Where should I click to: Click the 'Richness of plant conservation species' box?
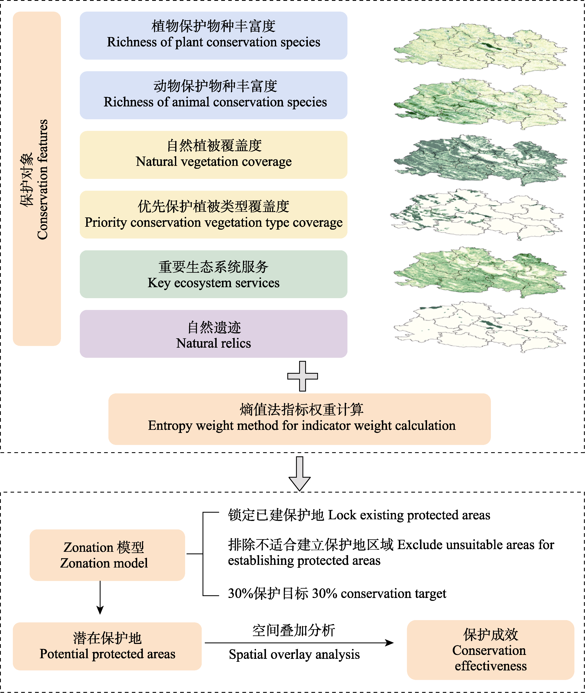click(x=213, y=35)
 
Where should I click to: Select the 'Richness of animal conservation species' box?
click(x=213, y=95)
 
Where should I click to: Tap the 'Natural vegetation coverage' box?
click(x=213, y=155)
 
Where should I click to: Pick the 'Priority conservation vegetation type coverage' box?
click(x=213, y=214)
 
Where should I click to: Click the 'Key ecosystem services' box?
click(x=213, y=274)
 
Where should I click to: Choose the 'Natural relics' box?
click(x=213, y=334)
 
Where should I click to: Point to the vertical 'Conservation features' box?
click(x=37, y=179)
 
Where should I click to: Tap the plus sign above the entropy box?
click(x=302, y=376)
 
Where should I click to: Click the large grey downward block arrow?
click(x=300, y=474)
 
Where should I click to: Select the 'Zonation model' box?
click(x=107, y=555)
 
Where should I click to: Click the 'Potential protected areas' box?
click(x=107, y=646)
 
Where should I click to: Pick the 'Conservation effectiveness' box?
click(x=490, y=650)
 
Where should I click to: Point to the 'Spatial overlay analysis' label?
click(x=294, y=654)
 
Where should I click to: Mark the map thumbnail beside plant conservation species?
click(x=480, y=48)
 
